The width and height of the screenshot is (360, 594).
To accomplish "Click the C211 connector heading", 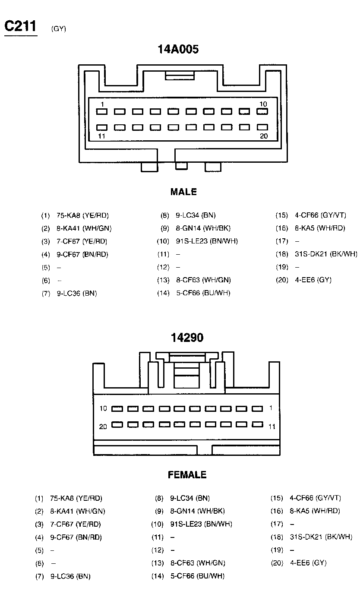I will tap(21, 27).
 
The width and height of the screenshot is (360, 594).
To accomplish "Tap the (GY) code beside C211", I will tap(58, 29).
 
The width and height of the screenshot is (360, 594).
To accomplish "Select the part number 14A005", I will tap(178, 50).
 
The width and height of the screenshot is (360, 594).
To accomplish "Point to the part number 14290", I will tap(187, 338).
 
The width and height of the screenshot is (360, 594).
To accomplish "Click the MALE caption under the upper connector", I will tap(183, 192).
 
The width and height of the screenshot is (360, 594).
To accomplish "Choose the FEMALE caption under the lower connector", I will tap(187, 475).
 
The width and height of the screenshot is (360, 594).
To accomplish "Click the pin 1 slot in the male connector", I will tap(102, 112).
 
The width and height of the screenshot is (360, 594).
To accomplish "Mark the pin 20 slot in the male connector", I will tap(262, 128).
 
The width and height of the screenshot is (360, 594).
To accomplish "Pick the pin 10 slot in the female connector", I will tap(117, 408).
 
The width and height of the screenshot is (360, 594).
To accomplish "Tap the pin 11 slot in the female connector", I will tap(257, 424).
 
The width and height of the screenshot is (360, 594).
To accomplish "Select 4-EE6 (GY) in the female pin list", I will tap(308, 563).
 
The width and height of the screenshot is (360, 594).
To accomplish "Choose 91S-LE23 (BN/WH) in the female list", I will tap(201, 524).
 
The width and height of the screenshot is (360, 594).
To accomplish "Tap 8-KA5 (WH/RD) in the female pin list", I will tap(315, 511).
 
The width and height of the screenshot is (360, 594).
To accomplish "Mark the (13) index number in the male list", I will tap(163, 280).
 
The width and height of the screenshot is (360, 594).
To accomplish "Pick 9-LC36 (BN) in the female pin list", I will tap(70, 576).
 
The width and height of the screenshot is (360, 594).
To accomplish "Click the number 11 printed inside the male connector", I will tap(102, 136).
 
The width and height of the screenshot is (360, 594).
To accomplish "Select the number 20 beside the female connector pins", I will tap(103, 427).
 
